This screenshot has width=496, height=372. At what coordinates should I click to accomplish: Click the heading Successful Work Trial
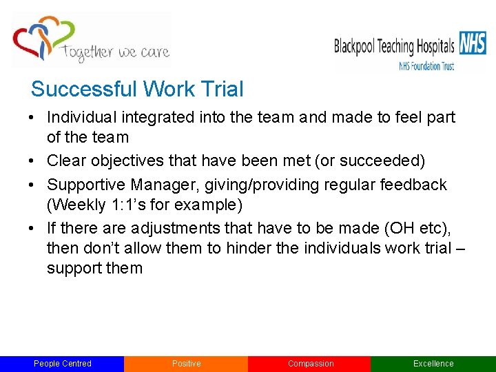pyautogui.click(x=137, y=90)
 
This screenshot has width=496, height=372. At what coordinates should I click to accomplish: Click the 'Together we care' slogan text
pyautogui.click(x=115, y=52)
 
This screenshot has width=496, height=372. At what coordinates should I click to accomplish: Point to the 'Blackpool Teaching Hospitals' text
pyautogui.click(x=394, y=46)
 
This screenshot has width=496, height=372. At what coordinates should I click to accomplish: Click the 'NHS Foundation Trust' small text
pyautogui.click(x=426, y=66)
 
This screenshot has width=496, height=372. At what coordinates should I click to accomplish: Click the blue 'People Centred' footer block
pyautogui.click(x=62, y=364)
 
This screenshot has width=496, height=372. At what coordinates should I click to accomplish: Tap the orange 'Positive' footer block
pyautogui.click(x=186, y=364)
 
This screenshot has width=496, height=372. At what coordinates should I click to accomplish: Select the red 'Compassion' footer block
pyautogui.click(x=310, y=364)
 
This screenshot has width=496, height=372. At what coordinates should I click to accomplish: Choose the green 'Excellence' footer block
pyautogui.click(x=433, y=364)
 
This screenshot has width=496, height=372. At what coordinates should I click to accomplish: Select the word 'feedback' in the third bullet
pyautogui.click(x=413, y=185)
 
